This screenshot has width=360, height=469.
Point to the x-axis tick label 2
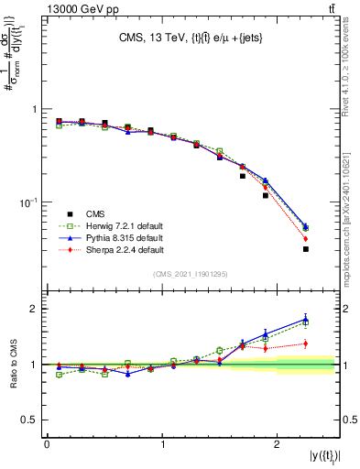[x=278, y=444]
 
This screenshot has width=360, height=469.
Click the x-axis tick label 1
[x=163, y=444]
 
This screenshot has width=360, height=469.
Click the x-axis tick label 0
[x=47, y=444]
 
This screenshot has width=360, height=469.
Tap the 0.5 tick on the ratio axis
[x=32, y=420]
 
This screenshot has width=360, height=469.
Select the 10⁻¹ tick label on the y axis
[x=27, y=202]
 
